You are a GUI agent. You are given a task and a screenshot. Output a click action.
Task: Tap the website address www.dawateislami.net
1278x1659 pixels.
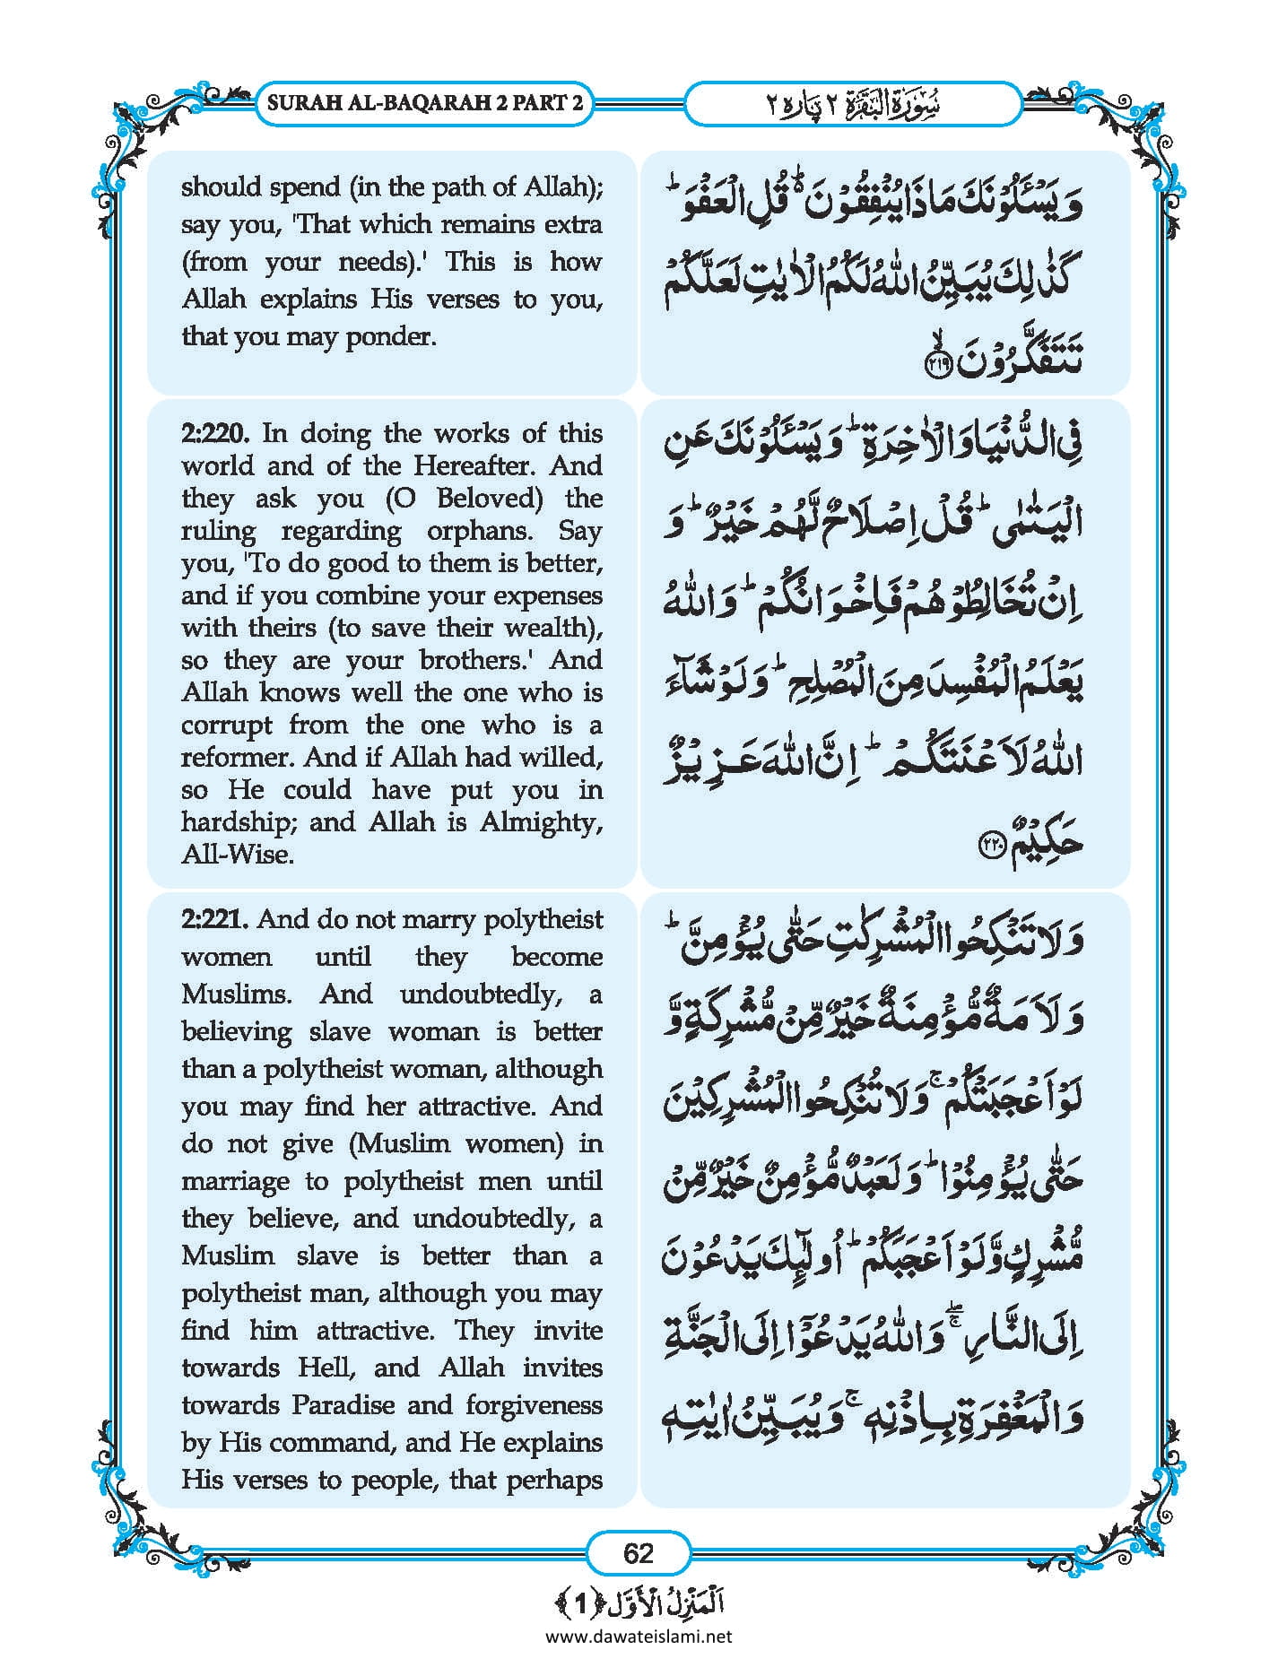[x=639, y=1636]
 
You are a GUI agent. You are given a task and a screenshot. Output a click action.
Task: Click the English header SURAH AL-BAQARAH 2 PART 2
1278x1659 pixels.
[x=425, y=102]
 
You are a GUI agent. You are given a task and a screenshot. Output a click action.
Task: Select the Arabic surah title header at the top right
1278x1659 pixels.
[x=852, y=104]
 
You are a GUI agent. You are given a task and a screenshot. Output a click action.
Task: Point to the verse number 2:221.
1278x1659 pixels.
[x=215, y=919]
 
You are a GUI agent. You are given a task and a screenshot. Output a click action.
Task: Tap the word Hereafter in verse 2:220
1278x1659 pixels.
[x=476, y=466]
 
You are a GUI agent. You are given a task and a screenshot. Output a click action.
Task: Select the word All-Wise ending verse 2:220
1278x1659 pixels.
[x=238, y=855]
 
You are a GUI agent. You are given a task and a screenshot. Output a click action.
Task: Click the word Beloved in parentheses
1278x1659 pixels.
[x=490, y=499]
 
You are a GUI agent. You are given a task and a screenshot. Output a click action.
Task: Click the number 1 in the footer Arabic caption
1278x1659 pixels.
[x=580, y=1603]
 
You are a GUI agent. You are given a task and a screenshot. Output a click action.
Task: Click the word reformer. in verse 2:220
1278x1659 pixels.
[x=238, y=758]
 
